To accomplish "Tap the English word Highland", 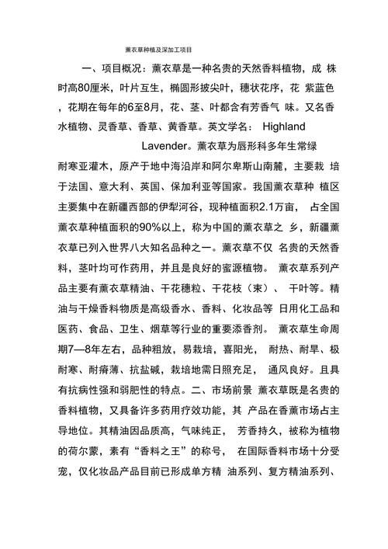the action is pyautogui.click(x=285, y=126).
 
